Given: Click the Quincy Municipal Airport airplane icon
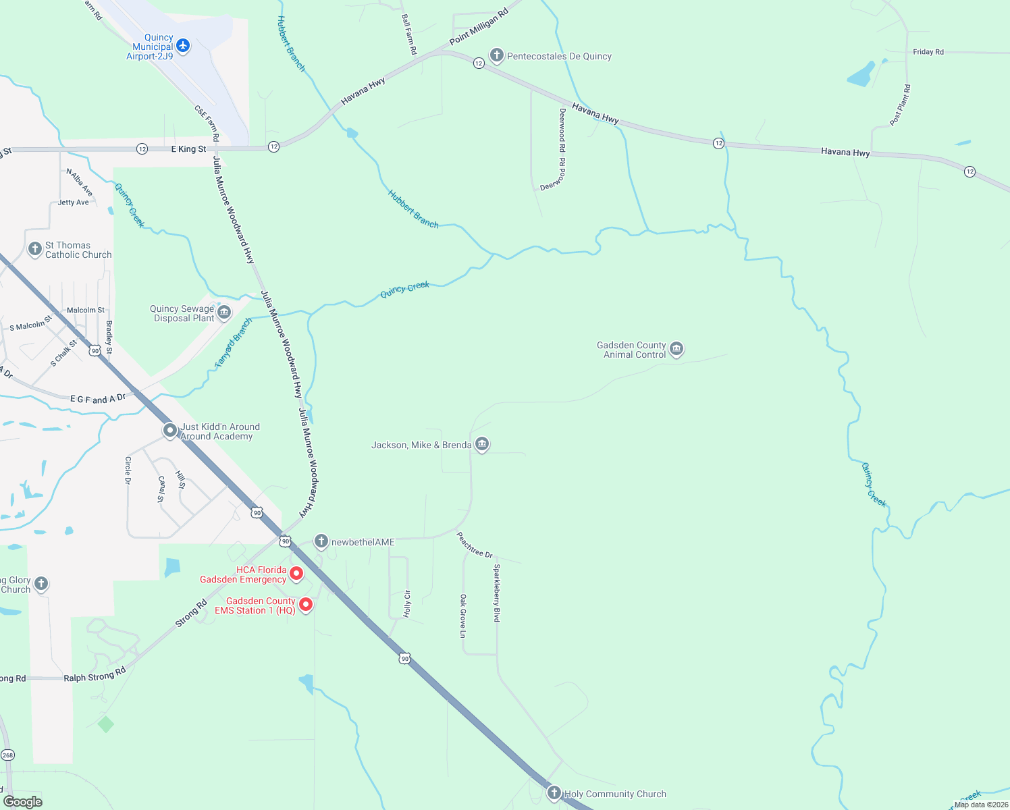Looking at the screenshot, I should [183, 46].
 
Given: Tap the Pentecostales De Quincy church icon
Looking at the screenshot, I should [497, 55].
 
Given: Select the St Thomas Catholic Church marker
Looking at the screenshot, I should [35, 249].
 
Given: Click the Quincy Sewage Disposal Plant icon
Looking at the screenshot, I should [225, 312].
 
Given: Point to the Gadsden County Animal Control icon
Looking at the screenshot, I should [676, 349].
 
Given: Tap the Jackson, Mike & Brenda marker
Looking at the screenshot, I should [482, 444].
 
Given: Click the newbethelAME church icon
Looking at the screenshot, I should [321, 541].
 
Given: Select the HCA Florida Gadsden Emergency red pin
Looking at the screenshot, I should [296, 574].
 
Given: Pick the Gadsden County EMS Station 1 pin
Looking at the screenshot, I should [306, 605].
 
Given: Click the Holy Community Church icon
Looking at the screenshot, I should [554, 793].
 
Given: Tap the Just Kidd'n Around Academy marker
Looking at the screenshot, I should [170, 430].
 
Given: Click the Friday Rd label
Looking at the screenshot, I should [928, 52].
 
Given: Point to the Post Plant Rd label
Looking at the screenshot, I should [900, 105].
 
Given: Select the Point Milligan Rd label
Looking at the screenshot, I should [479, 27].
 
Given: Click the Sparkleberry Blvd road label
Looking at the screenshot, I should [497, 593].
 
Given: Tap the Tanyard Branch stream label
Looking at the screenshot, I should [233, 343].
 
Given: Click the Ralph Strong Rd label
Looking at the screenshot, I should [95, 675].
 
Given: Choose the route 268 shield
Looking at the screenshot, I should [7, 755].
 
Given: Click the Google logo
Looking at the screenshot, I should [23, 801].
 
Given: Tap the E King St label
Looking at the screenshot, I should [188, 148].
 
